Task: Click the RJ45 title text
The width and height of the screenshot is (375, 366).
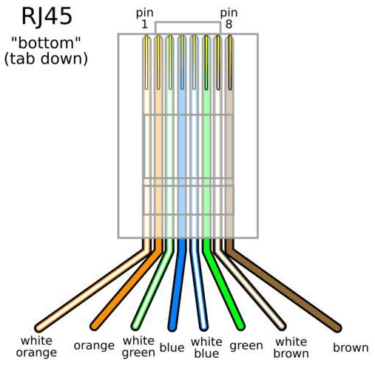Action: [x=47, y=16]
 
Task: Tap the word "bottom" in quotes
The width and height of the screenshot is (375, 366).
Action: [x=46, y=43]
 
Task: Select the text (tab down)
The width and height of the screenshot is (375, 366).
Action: [x=46, y=59]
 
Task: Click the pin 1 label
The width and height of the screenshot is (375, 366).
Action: [x=144, y=19]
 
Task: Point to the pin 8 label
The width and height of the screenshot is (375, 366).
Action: [x=229, y=19]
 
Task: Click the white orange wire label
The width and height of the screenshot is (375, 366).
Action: [x=36, y=347]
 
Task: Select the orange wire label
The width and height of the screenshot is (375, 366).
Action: [x=94, y=346]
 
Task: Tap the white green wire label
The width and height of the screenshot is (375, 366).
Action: [x=138, y=347]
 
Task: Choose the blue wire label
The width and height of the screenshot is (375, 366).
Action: [x=172, y=347]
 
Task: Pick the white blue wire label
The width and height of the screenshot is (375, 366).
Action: [x=206, y=347]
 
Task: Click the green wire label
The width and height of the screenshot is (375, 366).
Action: [x=246, y=346]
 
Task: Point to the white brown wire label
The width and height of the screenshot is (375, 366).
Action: [x=291, y=347]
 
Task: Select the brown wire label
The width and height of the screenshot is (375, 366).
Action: [x=351, y=347]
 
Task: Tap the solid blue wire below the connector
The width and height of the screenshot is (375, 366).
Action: [x=178, y=284]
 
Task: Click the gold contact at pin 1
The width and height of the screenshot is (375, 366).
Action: [x=146, y=62]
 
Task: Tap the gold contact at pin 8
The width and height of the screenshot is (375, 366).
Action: [x=230, y=62]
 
